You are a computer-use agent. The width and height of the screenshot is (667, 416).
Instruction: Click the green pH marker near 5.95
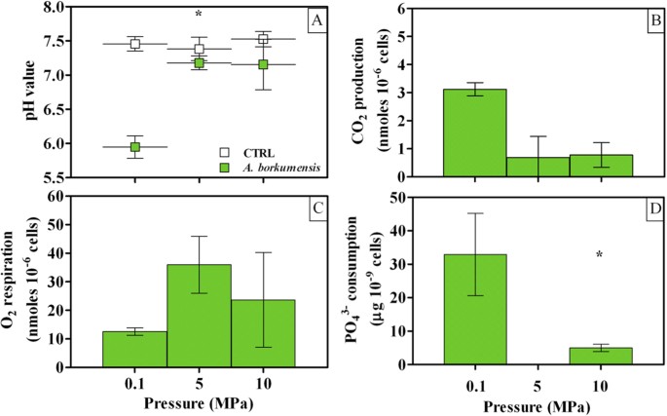point(135,147)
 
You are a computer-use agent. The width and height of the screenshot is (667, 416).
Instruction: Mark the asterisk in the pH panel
point(199,15)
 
